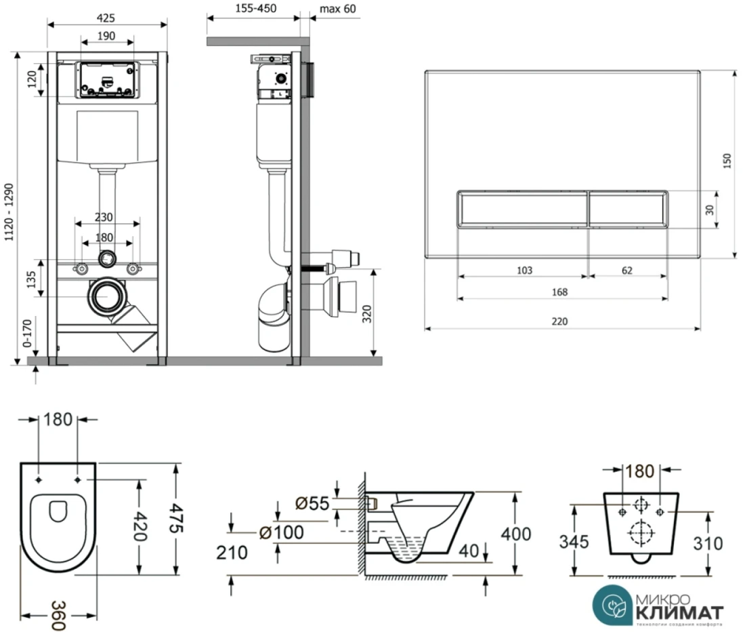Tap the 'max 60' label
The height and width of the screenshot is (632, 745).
click(336, 9)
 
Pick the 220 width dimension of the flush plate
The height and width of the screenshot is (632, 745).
click(559, 321)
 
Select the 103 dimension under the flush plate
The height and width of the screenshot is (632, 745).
click(524, 270)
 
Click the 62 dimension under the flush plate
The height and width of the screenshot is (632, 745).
click(626, 270)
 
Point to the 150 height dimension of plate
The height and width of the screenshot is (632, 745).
click(727, 161)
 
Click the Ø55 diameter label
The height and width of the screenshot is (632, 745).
click(312, 504)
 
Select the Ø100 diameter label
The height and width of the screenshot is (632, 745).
click(282, 533)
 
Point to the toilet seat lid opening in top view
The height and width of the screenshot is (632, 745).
click(58, 510)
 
